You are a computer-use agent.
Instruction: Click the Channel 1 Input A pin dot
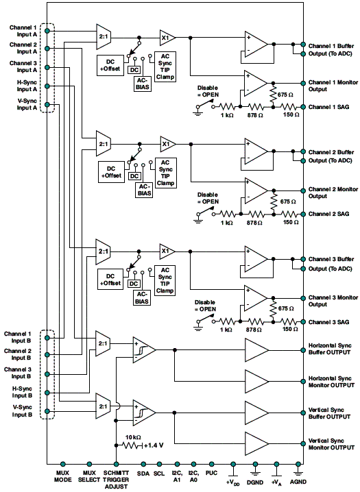pos(47,31)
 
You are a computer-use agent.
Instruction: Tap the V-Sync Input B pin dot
pos(47,411)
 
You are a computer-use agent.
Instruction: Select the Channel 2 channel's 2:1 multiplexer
pos(104,144)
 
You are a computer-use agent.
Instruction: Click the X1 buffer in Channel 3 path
pos(167,251)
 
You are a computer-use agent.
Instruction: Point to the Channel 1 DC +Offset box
pos(110,65)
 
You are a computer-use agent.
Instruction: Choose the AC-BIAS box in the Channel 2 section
pos(145,190)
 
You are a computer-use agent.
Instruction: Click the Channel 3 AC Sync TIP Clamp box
pos(165,280)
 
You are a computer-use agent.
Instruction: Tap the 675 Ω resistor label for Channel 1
pos(285,95)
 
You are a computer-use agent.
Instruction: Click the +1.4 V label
pos(154,445)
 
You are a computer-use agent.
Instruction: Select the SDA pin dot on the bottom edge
pos(143,464)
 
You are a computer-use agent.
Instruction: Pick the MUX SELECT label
pos(89,476)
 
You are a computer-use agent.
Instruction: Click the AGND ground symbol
pos(298,470)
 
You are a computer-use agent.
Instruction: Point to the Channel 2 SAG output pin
pos(303,214)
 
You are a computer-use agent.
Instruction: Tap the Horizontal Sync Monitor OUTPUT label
pos(331,382)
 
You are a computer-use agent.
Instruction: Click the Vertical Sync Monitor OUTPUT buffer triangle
pos(256,443)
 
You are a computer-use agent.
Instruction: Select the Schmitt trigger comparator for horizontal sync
pos(144,350)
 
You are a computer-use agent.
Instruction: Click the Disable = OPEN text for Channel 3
pos(205,306)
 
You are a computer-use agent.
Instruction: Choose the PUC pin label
pos(212,473)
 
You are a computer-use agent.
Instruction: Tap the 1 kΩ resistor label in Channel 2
pos(226,223)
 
